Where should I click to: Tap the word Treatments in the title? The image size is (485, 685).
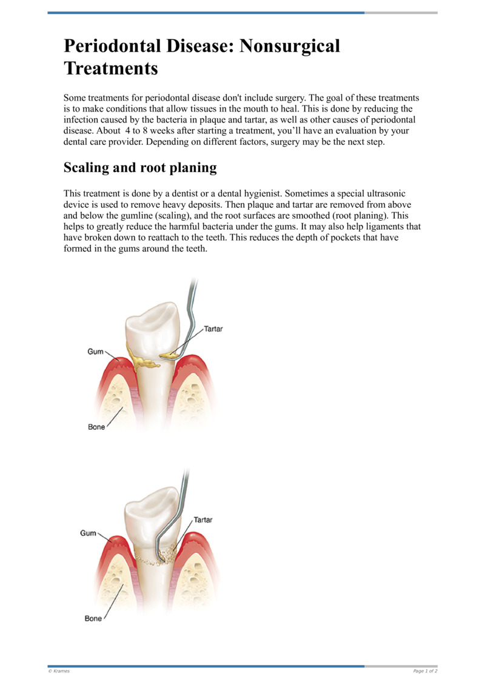pos(110,68)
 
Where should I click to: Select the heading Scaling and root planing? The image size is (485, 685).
pos(140,167)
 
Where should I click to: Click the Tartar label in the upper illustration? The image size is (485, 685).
pos(213,329)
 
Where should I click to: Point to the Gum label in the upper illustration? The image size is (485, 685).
pos(96,352)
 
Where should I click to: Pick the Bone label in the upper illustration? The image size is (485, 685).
pos(96,427)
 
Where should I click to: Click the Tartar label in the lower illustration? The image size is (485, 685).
pos(203,520)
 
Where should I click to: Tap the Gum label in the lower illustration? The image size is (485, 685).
pos(89,533)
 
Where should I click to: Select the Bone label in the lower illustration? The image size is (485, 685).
pos(93,618)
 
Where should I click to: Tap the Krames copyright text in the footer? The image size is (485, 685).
pos(59,670)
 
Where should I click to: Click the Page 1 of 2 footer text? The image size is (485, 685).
pos(425,670)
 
